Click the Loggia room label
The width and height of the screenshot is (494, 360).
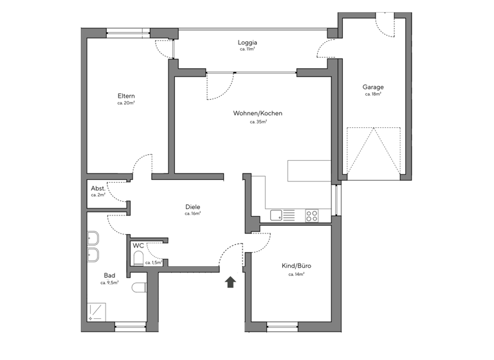click(248, 43)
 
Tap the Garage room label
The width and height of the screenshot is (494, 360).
click(373, 87)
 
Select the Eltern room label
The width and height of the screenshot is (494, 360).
click(125, 96)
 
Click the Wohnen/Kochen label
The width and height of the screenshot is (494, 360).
click(257, 114)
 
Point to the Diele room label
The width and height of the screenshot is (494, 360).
click(192, 206)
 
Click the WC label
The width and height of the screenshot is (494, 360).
click(138, 246)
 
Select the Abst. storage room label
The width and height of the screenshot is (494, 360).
click(98, 188)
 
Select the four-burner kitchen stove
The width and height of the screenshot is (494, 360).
click(312, 216)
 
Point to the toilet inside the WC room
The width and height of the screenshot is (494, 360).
click(138, 258)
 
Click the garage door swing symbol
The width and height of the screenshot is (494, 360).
click(373, 150)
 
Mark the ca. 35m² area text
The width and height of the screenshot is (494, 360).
click(257, 122)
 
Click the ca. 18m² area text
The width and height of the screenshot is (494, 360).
click(373, 94)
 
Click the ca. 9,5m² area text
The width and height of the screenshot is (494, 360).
click(109, 282)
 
